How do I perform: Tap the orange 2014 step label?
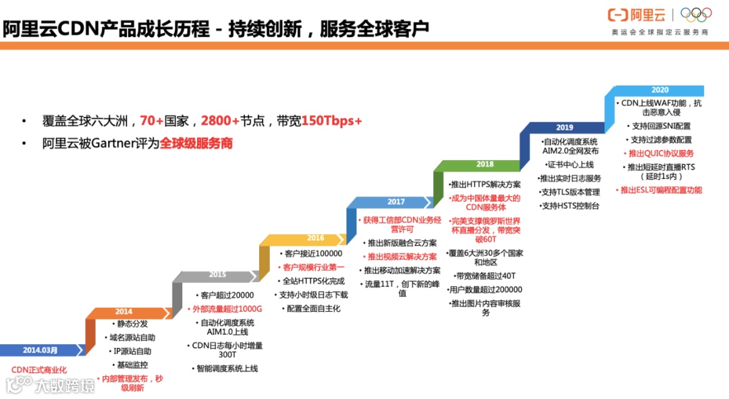pyautogui.click(x=124, y=312)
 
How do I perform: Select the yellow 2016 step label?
pyautogui.click(x=315, y=238)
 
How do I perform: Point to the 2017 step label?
pyautogui.click(x=396, y=202)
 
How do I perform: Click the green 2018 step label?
pyautogui.click(x=485, y=164)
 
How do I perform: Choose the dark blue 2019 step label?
pyautogui.click(x=564, y=127)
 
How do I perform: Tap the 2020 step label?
pyautogui.click(x=659, y=90)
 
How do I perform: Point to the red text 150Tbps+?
pyautogui.click(x=331, y=121)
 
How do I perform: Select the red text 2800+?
pyautogui.click(x=219, y=121)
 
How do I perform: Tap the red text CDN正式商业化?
pyautogui.click(x=39, y=370)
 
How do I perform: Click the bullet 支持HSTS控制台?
pyautogui.click(x=570, y=205)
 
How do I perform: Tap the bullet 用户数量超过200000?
pyautogui.click(x=485, y=290)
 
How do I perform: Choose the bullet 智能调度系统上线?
pyautogui.click(x=225, y=368)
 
